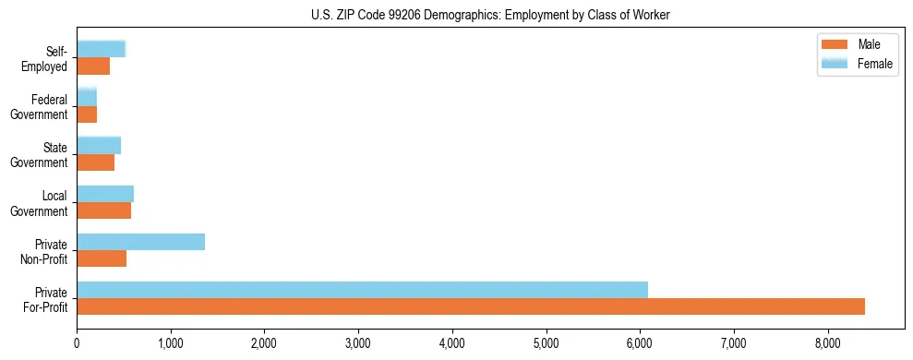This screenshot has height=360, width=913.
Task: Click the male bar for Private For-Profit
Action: (x=471, y=306)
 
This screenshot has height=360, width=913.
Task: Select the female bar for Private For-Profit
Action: (x=362, y=290)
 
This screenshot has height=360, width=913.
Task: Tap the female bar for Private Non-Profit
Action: (x=140, y=242)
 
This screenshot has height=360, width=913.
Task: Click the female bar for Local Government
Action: (x=105, y=194)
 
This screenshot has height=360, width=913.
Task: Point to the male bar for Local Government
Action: (x=103, y=210)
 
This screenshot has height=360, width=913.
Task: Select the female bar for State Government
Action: (x=99, y=146)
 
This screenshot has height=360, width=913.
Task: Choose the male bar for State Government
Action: (x=95, y=162)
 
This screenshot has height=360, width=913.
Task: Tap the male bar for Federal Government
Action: (x=87, y=114)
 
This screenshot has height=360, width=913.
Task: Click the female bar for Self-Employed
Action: (x=101, y=49)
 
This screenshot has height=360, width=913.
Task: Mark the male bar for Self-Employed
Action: (x=93, y=66)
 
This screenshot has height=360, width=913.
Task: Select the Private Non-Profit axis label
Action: (x=45, y=251)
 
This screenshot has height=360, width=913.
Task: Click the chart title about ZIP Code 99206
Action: (x=490, y=15)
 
